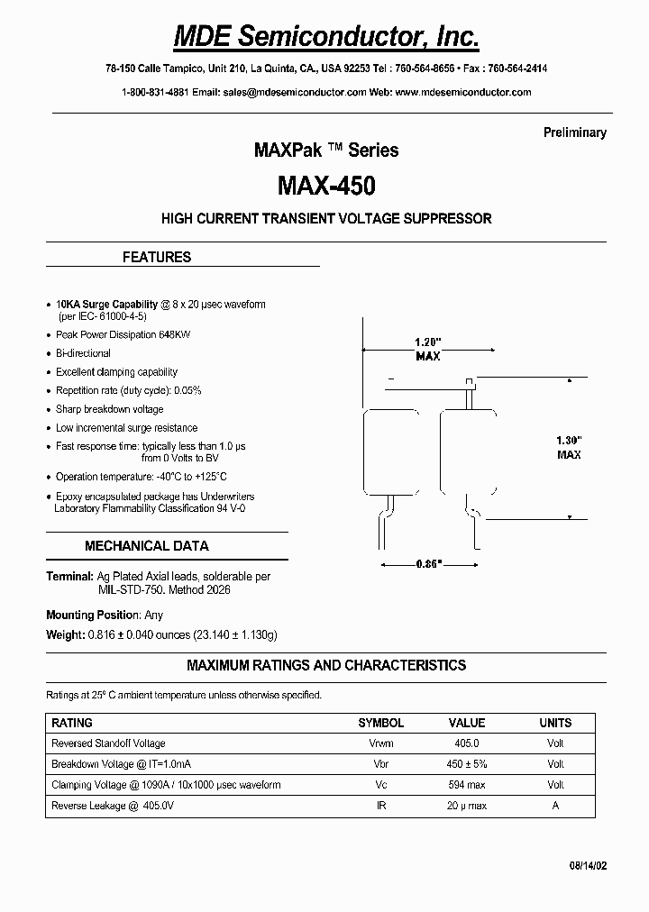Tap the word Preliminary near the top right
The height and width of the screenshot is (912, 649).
574,132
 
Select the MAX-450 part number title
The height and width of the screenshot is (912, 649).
326,186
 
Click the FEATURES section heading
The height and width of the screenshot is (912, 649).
157,257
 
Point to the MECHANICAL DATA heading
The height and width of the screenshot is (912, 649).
147,545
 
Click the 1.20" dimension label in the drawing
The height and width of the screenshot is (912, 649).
427,342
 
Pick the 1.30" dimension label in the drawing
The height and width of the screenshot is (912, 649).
569,440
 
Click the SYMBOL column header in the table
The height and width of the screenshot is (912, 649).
381,723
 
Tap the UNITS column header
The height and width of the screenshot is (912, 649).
555,723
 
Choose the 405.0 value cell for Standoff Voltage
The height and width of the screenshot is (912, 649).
467,743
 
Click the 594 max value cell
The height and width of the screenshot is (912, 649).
467,785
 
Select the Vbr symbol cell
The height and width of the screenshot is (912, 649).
381,764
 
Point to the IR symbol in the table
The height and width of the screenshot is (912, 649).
381,806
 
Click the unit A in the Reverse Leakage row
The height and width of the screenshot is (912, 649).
555,806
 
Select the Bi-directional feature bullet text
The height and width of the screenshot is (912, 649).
83,353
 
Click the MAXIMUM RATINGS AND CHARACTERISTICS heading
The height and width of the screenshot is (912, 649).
326,665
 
